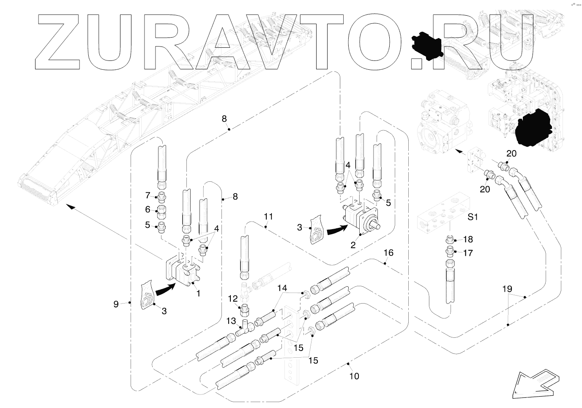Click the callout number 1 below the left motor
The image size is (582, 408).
click(x=198, y=293)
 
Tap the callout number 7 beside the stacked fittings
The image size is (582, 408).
click(x=148, y=195)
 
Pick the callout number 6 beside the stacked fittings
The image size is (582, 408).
click(x=148, y=209)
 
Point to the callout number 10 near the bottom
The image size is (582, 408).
click(x=354, y=375)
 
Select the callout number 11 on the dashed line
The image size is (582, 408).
click(x=268, y=216)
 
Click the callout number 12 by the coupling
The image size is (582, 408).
click(x=233, y=298)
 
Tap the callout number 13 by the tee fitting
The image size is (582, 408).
click(x=231, y=321)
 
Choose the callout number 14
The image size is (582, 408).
click(x=282, y=288)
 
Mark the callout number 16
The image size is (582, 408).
click(x=388, y=253)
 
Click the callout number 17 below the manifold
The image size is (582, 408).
click(x=468, y=253)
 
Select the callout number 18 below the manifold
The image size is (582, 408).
click(x=468, y=239)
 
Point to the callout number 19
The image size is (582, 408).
click(x=507, y=289)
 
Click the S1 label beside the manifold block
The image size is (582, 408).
click(x=473, y=217)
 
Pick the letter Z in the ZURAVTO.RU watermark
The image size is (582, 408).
click(x=59, y=42)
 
